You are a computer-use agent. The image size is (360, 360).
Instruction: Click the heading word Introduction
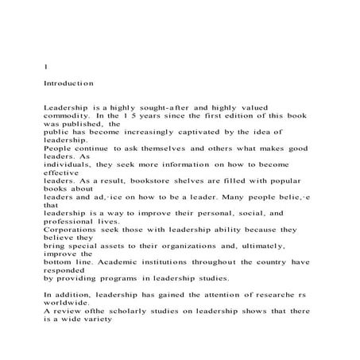pos(70,82)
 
